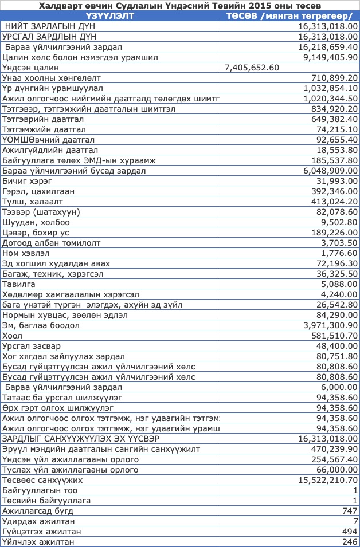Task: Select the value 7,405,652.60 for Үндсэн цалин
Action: coord(252,68)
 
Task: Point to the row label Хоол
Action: coord(13,336)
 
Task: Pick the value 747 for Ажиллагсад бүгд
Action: coord(350,511)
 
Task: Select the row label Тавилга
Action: coord(19,284)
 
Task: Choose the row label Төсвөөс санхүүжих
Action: coord(42,480)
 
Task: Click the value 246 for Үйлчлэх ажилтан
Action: coord(350,542)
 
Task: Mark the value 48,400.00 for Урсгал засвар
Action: coord(335,346)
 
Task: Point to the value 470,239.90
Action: coord(330,449)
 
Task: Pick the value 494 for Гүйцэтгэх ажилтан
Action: coord(350,532)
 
